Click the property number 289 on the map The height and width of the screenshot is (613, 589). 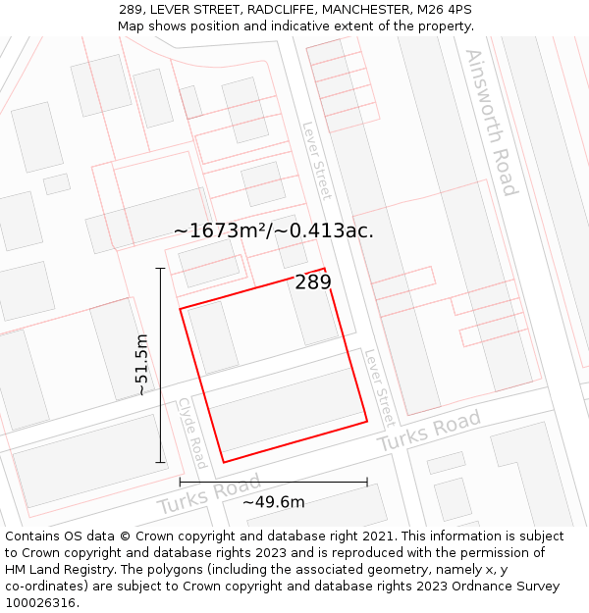pyautogui.click(x=313, y=282)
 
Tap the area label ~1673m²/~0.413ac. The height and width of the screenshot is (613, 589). pyautogui.click(x=273, y=231)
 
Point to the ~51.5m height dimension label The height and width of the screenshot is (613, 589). pyautogui.click(x=142, y=364)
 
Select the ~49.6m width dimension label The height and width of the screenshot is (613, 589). pyautogui.click(x=274, y=502)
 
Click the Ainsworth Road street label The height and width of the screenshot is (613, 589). pyautogui.click(x=491, y=122)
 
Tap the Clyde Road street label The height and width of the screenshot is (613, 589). pyautogui.click(x=192, y=433)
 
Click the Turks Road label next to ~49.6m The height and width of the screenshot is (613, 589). pyautogui.click(x=208, y=494)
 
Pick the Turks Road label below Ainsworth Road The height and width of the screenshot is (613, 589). pyautogui.click(x=430, y=432)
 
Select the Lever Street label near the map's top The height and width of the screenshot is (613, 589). pyautogui.click(x=317, y=160)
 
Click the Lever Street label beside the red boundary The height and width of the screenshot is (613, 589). pyautogui.click(x=378, y=388)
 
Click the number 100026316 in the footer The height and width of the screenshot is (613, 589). pyautogui.click(x=41, y=602)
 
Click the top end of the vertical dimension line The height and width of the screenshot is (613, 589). pyautogui.click(x=160, y=268)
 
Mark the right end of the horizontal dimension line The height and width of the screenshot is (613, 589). pyautogui.click(x=367, y=482)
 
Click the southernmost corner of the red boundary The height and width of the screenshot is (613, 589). pyautogui.click(x=224, y=462)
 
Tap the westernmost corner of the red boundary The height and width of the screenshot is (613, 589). pyautogui.click(x=180, y=310)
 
